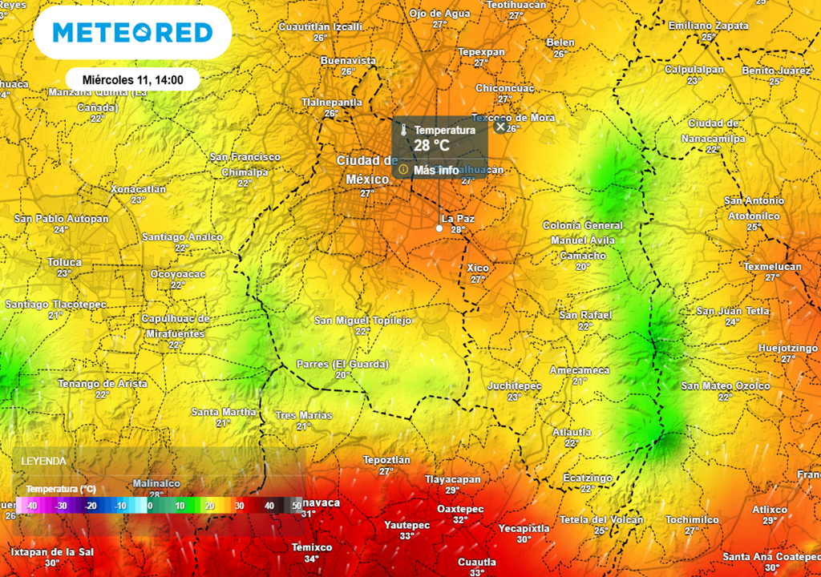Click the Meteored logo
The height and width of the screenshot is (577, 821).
pos(132,33)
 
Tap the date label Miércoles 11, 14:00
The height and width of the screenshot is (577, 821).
pos(133,80)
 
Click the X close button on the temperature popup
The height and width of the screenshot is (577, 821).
pos(501,127)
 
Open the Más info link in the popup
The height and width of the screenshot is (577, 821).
pos(436,170)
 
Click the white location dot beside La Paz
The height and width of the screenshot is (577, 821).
pos(439,228)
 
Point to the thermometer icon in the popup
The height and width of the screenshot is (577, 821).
pos(404,130)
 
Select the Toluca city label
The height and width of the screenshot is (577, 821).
pos(65,262)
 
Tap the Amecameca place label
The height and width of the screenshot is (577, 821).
pos(580,370)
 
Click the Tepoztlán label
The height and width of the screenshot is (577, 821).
pos(387,460)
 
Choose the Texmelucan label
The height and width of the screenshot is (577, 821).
pos(772,266)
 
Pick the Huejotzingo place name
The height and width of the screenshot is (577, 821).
pos(788,348)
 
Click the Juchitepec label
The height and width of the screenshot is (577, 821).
pos(515,386)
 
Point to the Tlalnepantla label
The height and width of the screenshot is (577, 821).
pos(331,103)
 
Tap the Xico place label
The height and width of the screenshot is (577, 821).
pos(478,268)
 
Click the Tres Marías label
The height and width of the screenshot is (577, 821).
pos(304,415)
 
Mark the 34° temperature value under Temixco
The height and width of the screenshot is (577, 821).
pos(311,559)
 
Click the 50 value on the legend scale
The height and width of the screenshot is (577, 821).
pos(297,506)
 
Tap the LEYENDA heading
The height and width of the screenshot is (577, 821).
pos(43,462)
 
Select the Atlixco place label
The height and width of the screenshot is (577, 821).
pos(770,510)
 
